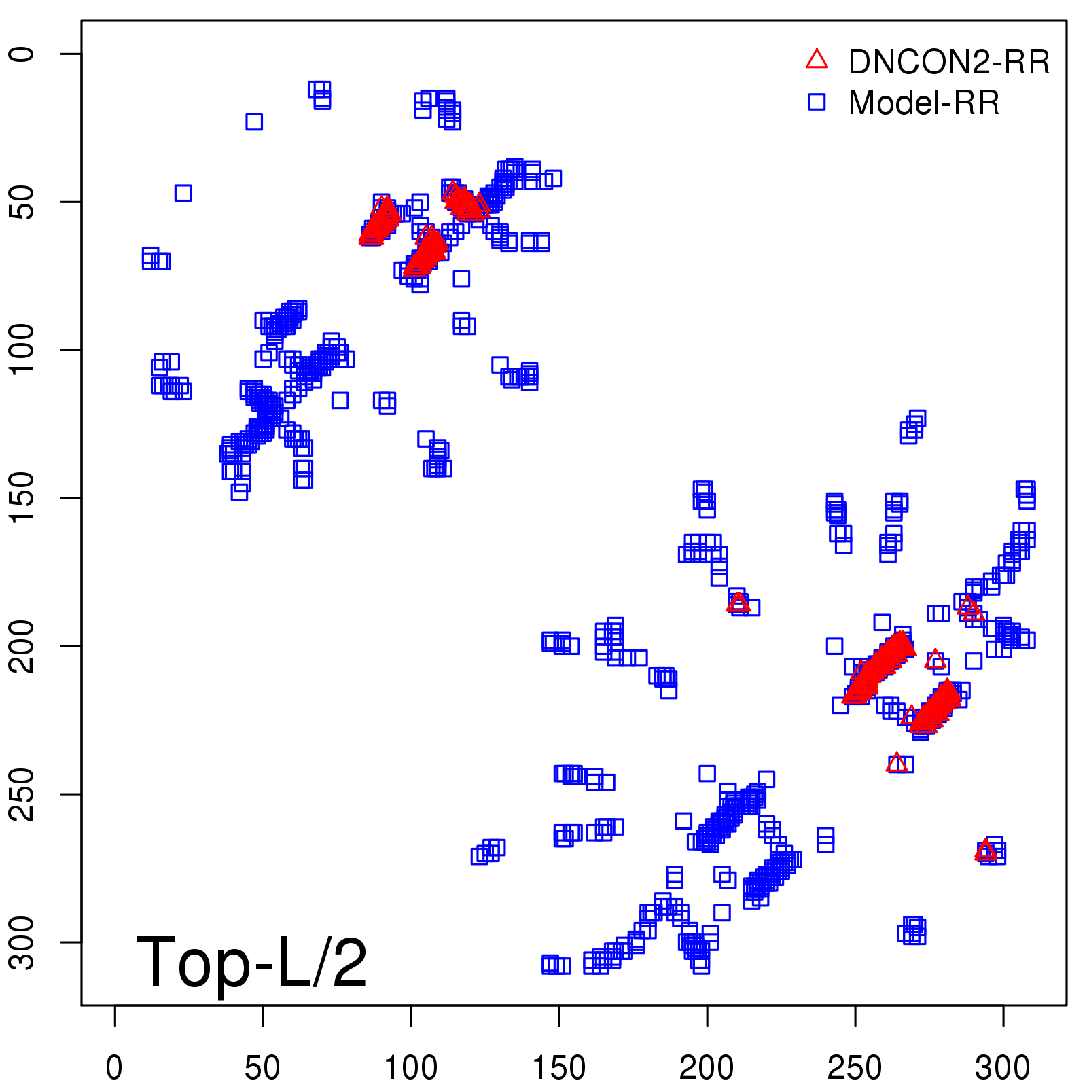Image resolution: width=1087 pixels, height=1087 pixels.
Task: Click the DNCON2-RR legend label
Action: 948,62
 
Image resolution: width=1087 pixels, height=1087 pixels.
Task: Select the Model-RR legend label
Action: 924,103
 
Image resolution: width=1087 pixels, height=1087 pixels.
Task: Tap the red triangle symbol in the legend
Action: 817,60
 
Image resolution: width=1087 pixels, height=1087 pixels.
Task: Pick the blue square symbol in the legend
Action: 817,102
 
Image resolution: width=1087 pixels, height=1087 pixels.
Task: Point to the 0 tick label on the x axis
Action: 114,1068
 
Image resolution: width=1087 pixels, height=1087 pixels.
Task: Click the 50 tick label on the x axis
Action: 262,1068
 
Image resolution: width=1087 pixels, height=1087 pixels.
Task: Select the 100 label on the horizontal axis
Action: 410,1068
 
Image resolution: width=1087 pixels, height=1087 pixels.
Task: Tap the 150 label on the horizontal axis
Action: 558,1068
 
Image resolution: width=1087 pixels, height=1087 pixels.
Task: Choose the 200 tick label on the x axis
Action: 707,1068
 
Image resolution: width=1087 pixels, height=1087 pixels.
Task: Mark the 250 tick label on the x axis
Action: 855,1068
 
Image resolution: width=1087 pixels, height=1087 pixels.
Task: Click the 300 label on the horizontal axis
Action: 1003,1068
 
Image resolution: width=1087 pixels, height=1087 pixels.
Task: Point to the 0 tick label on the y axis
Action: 22,54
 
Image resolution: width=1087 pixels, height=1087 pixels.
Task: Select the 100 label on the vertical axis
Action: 22,350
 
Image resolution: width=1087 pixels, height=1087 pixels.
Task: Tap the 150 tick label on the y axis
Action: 22,498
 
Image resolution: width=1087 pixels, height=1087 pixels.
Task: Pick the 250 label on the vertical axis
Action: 22,794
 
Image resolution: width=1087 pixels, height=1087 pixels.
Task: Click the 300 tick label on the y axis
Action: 22,942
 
